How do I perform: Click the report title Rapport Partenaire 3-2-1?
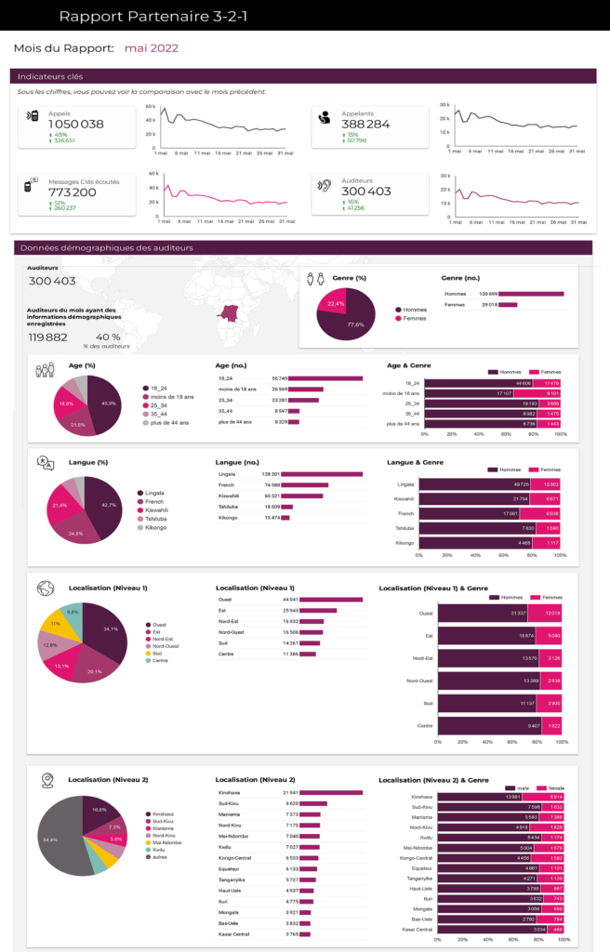[153, 16]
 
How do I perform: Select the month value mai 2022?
[151, 48]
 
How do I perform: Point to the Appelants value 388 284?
[365, 125]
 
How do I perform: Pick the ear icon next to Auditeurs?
[325, 186]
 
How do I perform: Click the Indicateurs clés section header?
[50, 76]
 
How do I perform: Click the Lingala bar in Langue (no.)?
[322, 474]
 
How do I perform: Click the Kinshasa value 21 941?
[289, 792]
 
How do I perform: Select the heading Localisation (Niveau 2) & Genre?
[434, 779]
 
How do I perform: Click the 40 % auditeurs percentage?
[107, 337]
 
